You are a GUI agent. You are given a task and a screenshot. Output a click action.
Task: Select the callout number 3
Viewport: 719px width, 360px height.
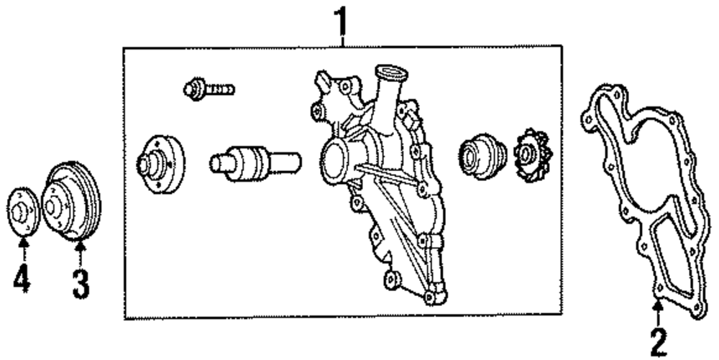click(80, 282)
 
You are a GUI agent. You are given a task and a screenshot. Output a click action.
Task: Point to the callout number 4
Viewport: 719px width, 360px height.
click(22, 278)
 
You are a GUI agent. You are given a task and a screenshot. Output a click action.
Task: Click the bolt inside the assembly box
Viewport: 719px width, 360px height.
click(209, 91)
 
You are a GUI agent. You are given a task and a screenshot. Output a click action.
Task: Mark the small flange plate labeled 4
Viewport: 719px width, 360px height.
click(24, 211)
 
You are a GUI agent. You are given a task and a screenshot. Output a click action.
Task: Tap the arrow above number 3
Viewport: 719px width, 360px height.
click(80, 253)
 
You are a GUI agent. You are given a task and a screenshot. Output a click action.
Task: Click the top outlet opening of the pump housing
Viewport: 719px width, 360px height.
click(393, 72)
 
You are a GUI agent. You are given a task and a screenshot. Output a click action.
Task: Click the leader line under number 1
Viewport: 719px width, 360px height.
click(342, 40)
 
